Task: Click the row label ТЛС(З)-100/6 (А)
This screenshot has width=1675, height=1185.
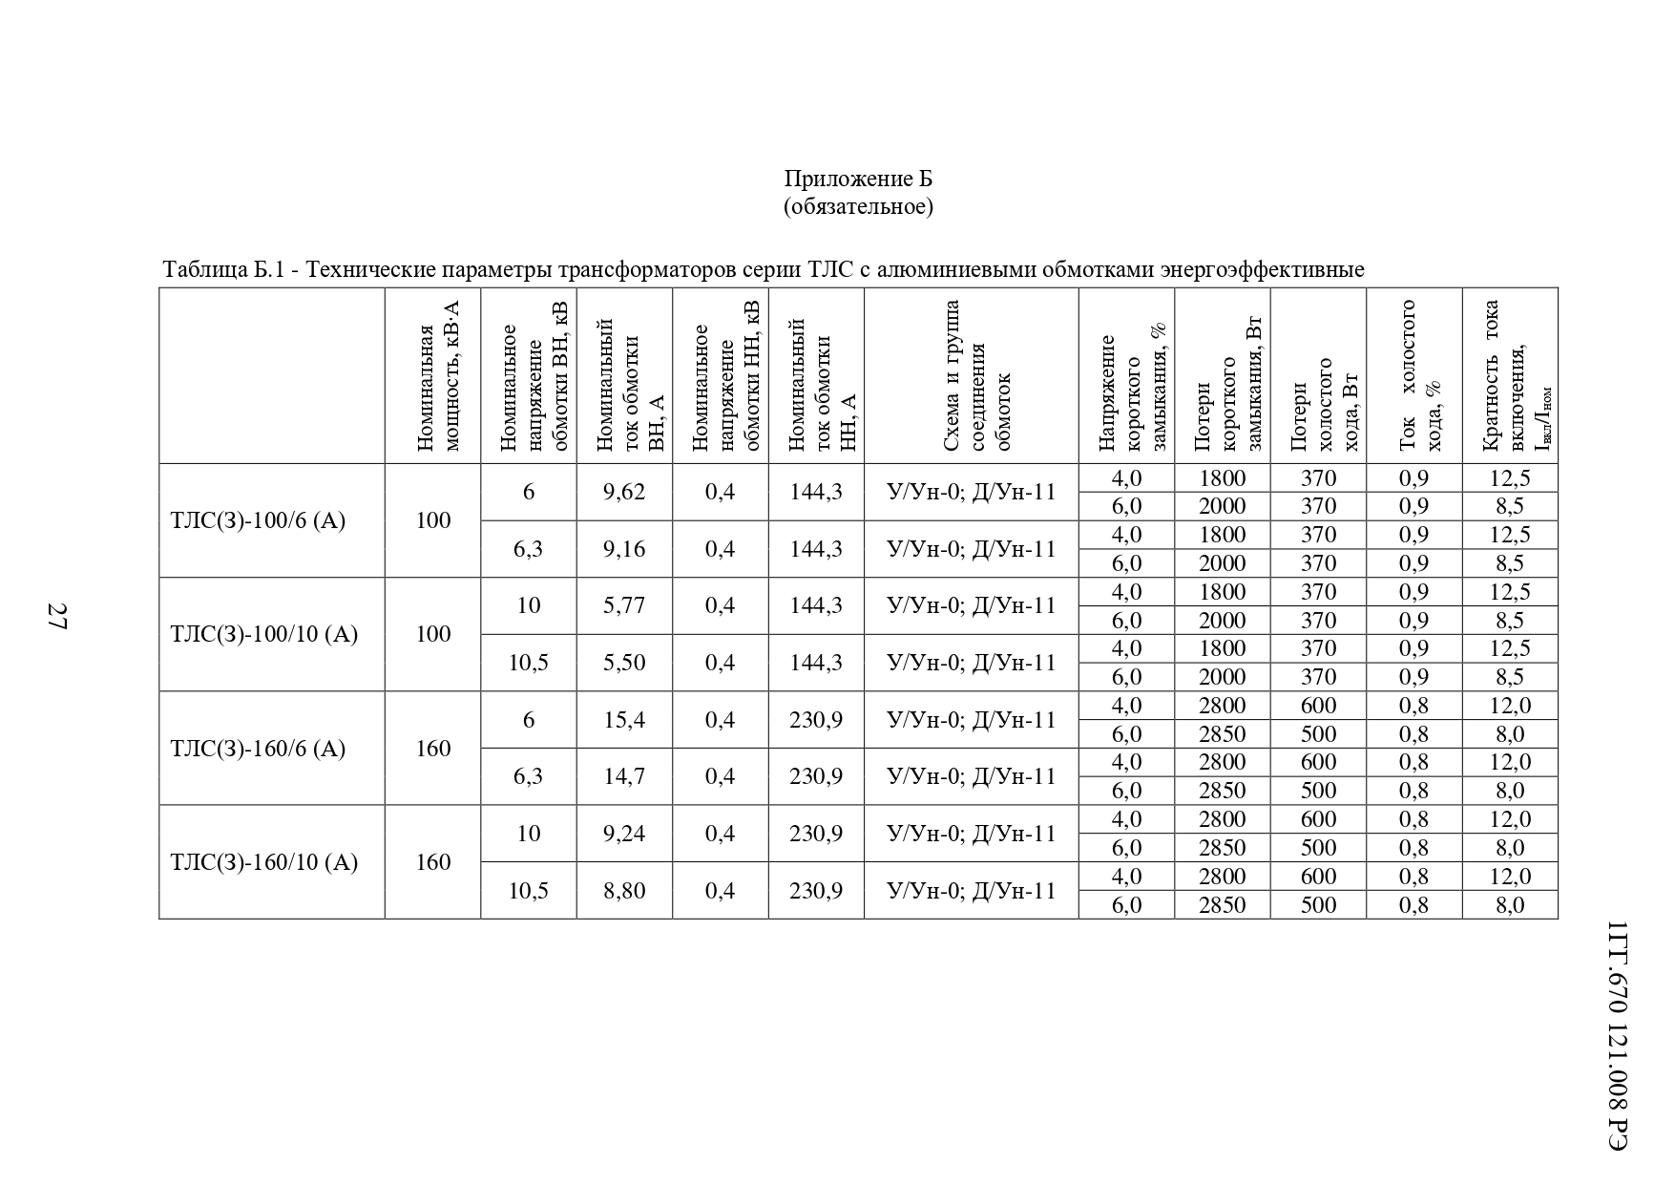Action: [257, 520]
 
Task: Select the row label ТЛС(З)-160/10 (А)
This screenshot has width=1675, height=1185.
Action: [263, 862]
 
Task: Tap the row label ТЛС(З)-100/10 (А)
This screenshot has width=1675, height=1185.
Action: [263, 634]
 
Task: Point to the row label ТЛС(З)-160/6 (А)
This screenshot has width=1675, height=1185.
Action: [257, 748]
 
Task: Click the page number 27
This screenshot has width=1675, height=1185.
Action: [55, 616]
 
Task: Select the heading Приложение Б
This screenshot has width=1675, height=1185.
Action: [857, 179]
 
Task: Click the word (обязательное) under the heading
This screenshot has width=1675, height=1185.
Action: [857, 206]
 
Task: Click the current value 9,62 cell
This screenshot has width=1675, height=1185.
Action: [624, 492]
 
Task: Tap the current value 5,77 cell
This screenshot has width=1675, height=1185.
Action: [624, 605]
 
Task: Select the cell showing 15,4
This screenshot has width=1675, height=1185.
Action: [624, 719]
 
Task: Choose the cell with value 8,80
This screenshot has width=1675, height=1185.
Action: [624, 891]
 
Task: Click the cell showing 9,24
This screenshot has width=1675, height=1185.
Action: [624, 834]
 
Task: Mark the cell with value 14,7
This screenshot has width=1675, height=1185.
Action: [624, 776]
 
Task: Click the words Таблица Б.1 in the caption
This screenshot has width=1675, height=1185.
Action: [224, 270]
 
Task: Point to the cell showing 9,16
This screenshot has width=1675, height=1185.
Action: [624, 549]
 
